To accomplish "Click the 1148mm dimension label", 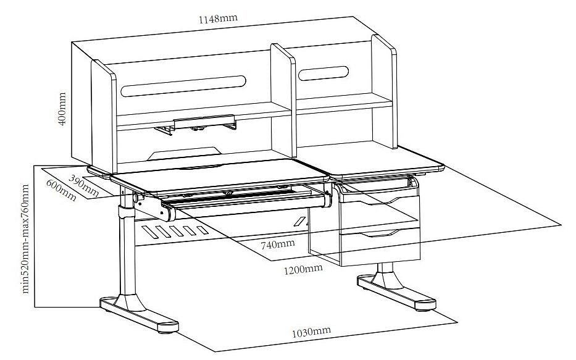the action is click(x=218, y=19).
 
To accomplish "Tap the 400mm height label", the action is click(x=62, y=109).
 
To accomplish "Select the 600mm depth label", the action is click(x=61, y=190).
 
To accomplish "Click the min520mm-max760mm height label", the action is click(x=25, y=239).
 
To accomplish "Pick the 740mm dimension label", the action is click(x=278, y=244).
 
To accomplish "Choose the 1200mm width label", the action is click(x=303, y=269).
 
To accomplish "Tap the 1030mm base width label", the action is click(x=311, y=332).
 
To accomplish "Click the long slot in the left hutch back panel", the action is click(x=183, y=86).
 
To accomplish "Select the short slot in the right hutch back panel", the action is click(x=323, y=73).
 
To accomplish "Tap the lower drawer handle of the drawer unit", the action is click(x=380, y=233).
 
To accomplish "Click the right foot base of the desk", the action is click(x=397, y=293).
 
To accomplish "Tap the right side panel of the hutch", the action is click(x=385, y=92).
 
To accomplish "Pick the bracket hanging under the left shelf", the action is click(x=196, y=124).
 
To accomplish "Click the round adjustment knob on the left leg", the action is click(x=138, y=198).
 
